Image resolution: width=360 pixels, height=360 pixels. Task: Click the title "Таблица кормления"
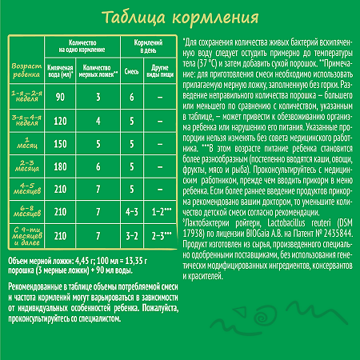(x=179, y=18)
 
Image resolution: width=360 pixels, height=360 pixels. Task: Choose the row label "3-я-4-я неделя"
(x=22, y=122)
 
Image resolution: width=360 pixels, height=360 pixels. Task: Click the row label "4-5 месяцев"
(x=22, y=192)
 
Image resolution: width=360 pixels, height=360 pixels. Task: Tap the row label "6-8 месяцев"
(x=22, y=213)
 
